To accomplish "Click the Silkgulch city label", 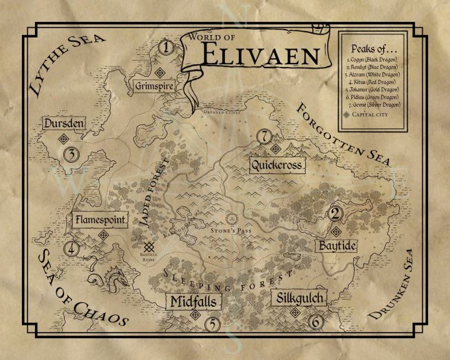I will point(300,298).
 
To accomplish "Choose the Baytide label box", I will point(337,244).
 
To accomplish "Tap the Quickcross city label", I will point(277,164).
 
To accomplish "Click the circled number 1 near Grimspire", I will point(166,47).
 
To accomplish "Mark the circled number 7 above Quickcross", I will point(265,137).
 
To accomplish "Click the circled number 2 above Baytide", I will point(335,213).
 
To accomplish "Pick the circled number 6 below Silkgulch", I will point(316,322).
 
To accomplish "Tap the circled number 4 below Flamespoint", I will point(71,250).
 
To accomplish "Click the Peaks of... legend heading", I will point(375,50).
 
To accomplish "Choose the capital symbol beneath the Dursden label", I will point(64,138).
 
